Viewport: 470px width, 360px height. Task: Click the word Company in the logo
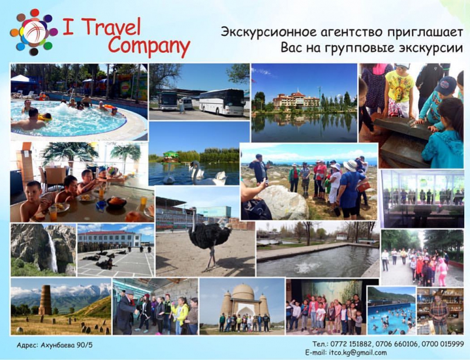[x=149, y=46]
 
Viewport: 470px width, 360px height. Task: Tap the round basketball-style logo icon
[x=33, y=32]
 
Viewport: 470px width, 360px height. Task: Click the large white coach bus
[x=222, y=102]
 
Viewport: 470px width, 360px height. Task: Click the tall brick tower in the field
[x=45, y=300]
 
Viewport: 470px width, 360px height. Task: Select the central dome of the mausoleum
[x=243, y=292]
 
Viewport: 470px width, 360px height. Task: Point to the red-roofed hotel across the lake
[x=296, y=99]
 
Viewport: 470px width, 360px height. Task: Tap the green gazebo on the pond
[x=171, y=157]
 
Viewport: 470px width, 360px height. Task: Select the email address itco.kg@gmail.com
[x=358, y=353]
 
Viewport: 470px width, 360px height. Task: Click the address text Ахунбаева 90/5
[x=66, y=345]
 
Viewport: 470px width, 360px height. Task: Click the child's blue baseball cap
[x=445, y=85]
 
